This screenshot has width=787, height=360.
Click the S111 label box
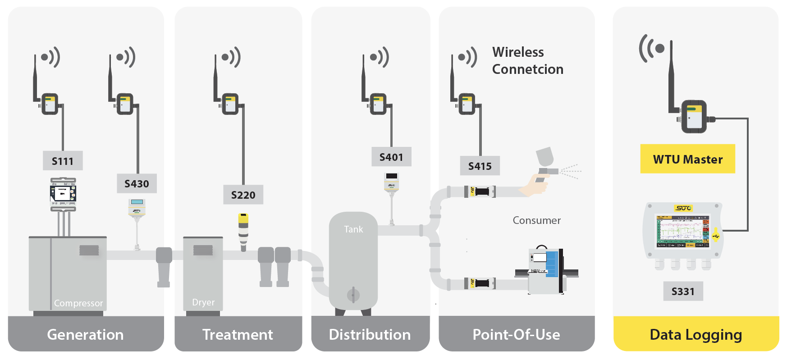[x=63, y=161]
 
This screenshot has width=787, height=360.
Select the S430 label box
[x=137, y=183]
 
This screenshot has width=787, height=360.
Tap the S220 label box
[x=243, y=195]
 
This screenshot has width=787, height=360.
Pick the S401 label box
[x=391, y=157]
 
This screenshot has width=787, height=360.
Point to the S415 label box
[x=480, y=166]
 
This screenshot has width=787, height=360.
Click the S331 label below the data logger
[x=683, y=291]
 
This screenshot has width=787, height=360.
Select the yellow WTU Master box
[x=687, y=159]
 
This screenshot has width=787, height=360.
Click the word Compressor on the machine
[x=78, y=303]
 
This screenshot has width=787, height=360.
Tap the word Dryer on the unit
[x=203, y=302]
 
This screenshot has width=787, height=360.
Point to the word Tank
[x=353, y=229]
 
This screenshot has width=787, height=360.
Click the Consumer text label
[x=536, y=220]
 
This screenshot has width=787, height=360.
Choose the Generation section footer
[x=86, y=334]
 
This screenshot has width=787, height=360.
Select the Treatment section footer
[x=238, y=334]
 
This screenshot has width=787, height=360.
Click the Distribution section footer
[x=370, y=334]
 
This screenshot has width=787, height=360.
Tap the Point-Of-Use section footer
[x=517, y=334]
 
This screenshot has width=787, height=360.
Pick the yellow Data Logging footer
[x=695, y=334]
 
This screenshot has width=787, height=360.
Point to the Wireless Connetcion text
[x=527, y=60]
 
